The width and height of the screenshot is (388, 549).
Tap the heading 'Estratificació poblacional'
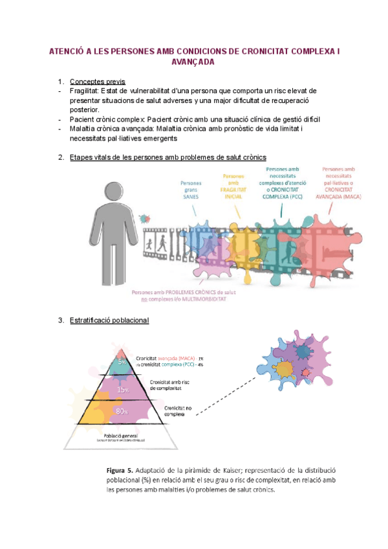(109, 320)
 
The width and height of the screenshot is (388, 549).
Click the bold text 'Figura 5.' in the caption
(122, 471)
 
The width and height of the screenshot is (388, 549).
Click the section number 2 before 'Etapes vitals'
(60, 157)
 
